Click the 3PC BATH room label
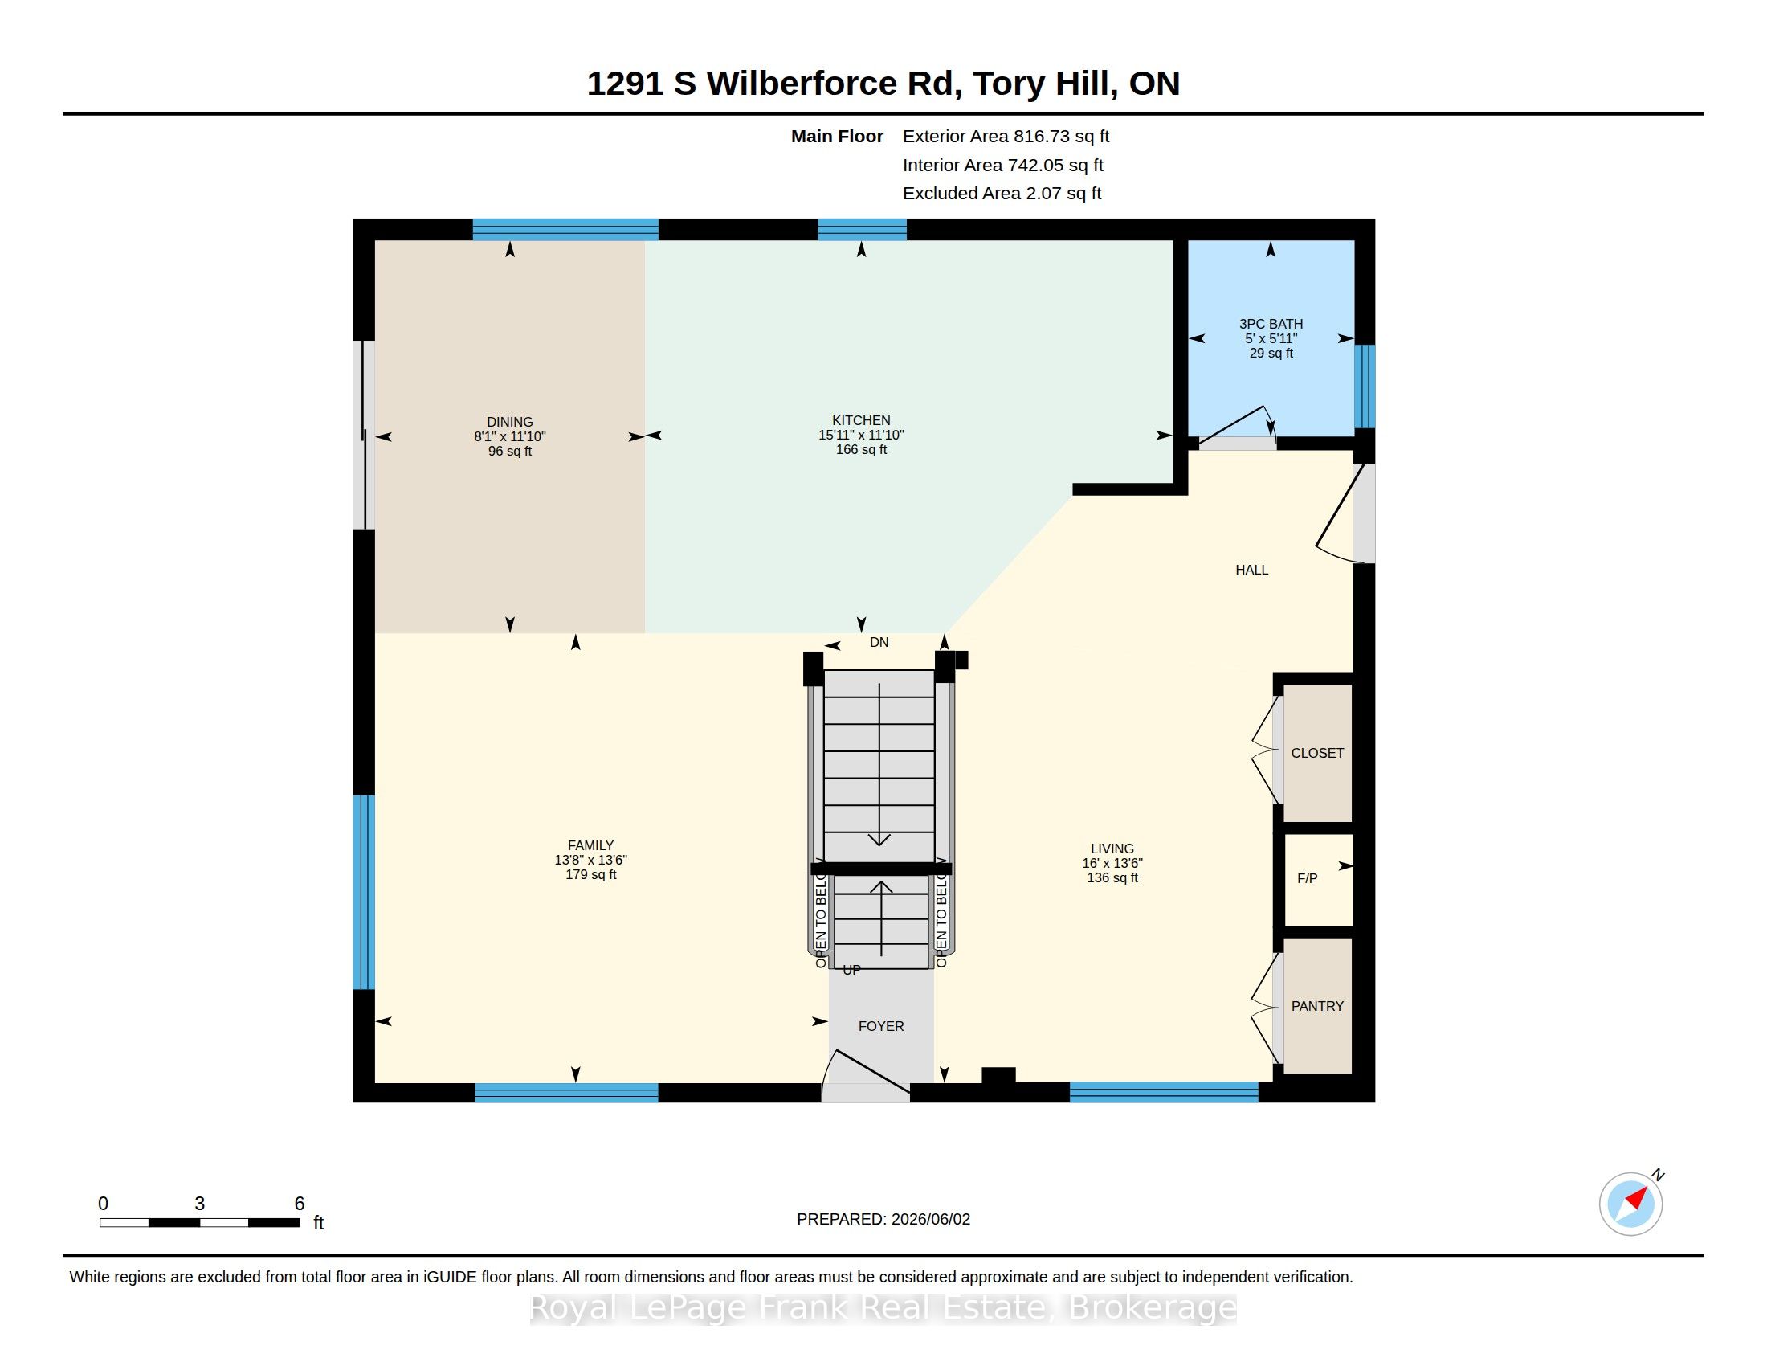click(x=1271, y=324)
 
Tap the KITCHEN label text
click(x=861, y=420)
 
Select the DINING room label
click(x=510, y=422)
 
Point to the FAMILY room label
click(x=590, y=845)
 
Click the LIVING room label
click(x=1112, y=848)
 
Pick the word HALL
click(x=1251, y=570)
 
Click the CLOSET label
click(x=1317, y=753)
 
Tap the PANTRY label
click(x=1317, y=1006)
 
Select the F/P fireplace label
click(x=1308, y=878)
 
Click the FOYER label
click(x=881, y=1026)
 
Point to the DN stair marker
click(x=879, y=642)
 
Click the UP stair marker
click(x=851, y=970)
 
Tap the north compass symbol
click(x=1632, y=1203)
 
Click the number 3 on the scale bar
click(x=200, y=1204)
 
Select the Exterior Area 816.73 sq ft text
click(x=1006, y=136)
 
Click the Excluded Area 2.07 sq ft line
click(x=1002, y=193)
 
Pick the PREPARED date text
click(x=883, y=1219)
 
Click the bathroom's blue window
click(x=1365, y=386)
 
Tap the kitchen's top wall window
click(x=862, y=230)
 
